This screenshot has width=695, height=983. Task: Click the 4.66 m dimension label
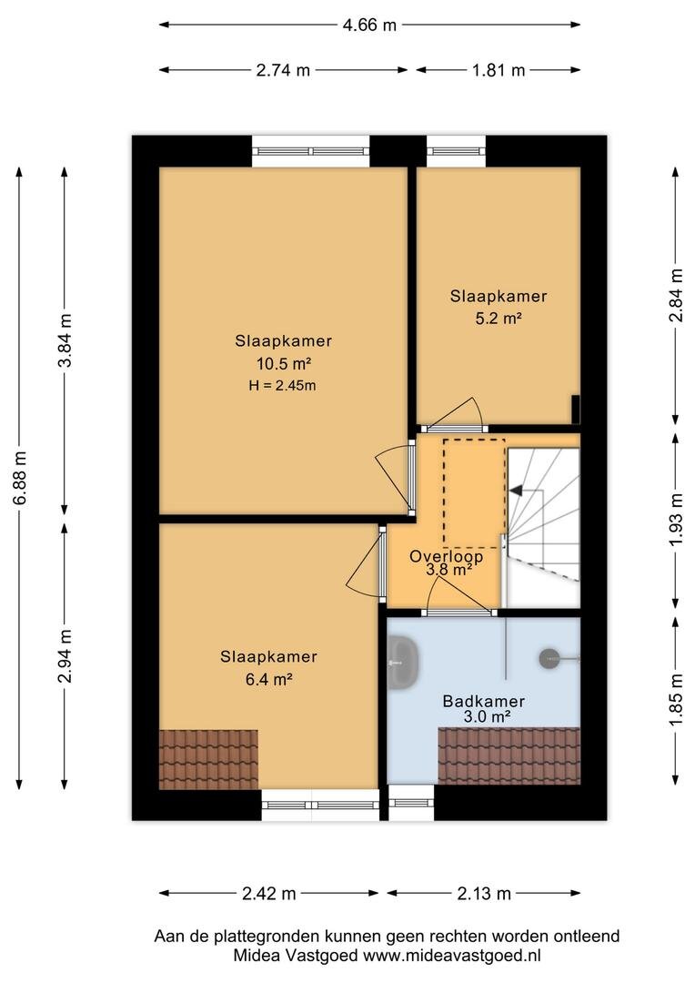click(x=369, y=25)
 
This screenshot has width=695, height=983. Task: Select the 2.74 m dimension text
click(x=283, y=70)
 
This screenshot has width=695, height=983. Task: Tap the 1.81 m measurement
click(x=499, y=70)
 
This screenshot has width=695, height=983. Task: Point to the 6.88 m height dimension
click(x=20, y=478)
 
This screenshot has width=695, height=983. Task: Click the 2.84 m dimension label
click(x=676, y=295)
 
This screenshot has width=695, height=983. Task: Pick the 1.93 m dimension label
click(x=676, y=519)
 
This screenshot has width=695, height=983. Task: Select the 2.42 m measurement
click(x=269, y=894)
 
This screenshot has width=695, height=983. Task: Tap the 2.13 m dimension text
click(x=484, y=894)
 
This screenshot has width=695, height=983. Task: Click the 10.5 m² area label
click(x=284, y=363)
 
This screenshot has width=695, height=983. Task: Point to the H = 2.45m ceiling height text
click(x=282, y=386)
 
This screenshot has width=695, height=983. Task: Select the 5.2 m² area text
click(x=499, y=318)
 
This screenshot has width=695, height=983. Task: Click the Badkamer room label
click(x=483, y=701)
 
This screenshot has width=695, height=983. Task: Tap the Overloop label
click(x=447, y=556)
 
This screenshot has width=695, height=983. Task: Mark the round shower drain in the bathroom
click(x=549, y=658)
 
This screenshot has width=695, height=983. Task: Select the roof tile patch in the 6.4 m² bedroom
click(x=208, y=759)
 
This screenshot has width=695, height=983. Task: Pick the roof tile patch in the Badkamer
click(x=509, y=755)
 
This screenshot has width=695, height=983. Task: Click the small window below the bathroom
click(x=411, y=803)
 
